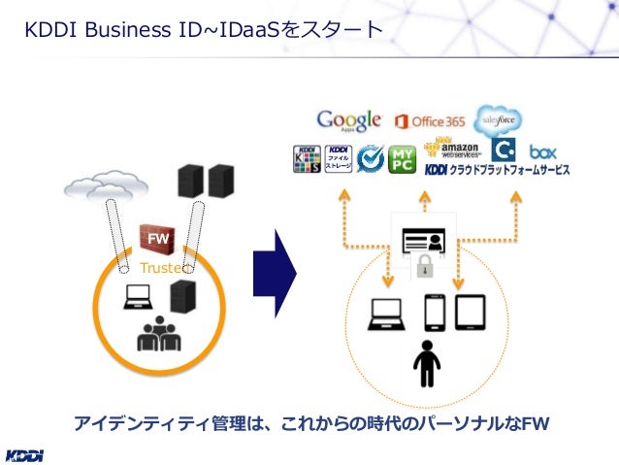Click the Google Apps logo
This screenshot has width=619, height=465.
348,120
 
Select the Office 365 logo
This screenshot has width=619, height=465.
430,121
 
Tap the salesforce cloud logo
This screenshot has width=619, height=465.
497,118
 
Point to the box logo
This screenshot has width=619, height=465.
542,151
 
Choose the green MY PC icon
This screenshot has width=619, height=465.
402,158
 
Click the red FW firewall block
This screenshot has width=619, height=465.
156,237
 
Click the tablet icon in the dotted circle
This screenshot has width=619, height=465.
471,313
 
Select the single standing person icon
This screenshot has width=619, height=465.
426,364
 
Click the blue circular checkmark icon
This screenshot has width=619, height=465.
370,158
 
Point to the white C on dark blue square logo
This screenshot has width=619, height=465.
503,151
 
